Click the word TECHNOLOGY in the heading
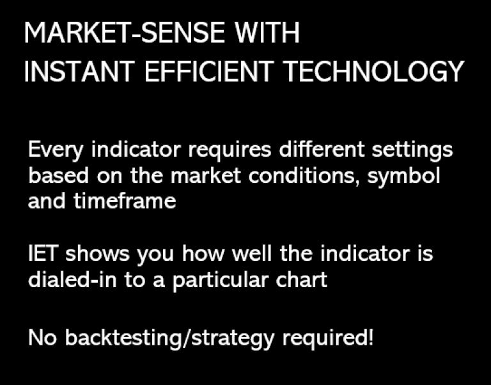[373, 72]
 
